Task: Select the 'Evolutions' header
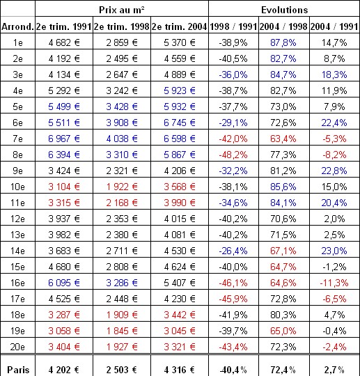click(x=284, y=11)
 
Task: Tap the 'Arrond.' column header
click(x=17, y=27)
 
